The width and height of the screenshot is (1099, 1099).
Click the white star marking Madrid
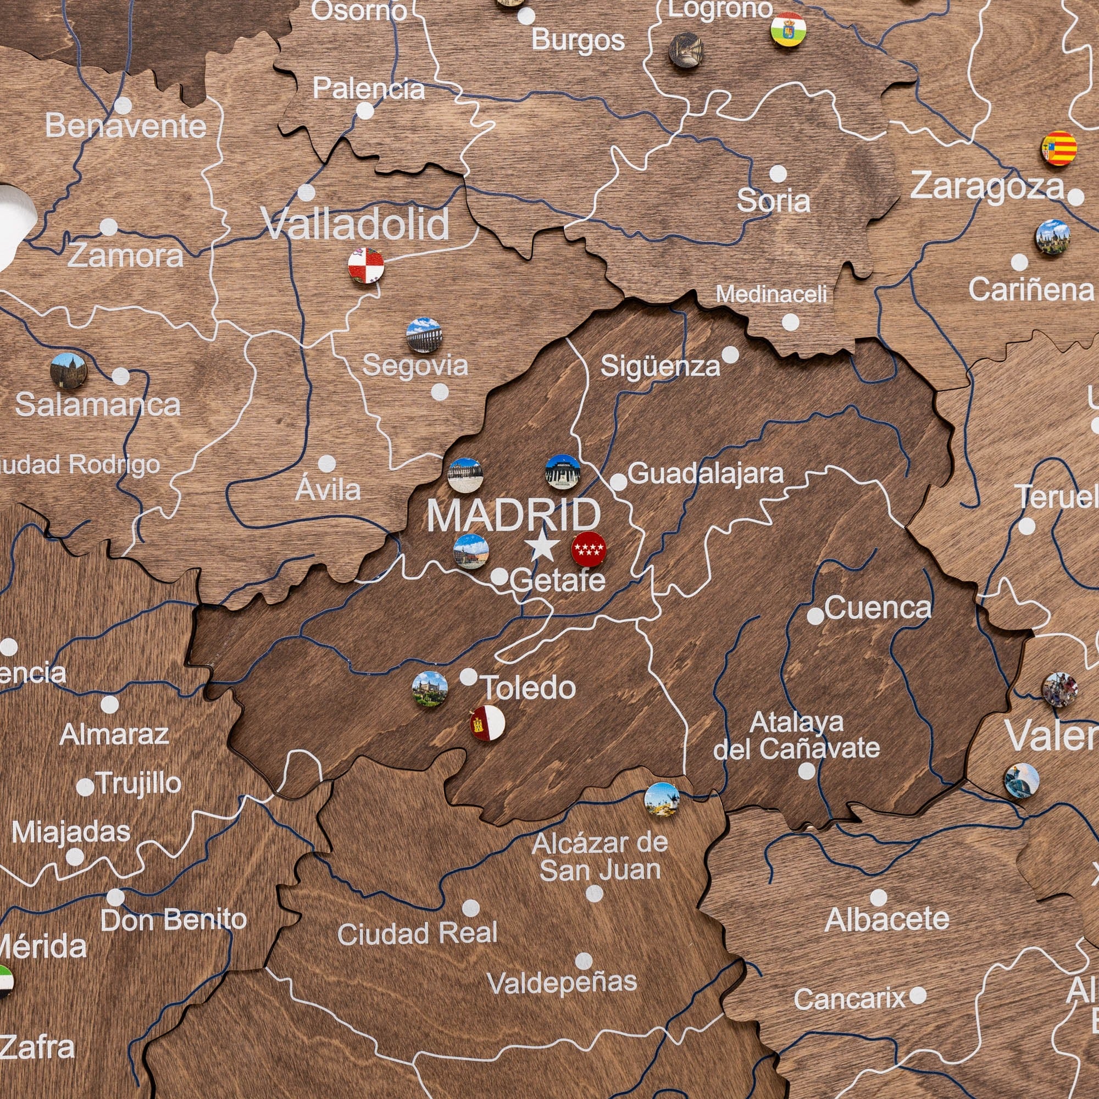point(543,547)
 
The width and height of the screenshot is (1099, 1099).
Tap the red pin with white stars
point(588,549)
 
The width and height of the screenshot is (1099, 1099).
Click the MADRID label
point(513,515)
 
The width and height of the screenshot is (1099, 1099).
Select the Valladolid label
point(356,224)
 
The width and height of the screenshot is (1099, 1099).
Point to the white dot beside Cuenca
point(815,615)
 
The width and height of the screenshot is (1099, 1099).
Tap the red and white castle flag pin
point(487,723)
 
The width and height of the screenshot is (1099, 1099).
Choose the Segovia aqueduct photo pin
point(424,335)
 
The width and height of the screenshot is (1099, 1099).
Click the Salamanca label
point(97,405)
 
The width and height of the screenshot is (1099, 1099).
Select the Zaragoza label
point(987,187)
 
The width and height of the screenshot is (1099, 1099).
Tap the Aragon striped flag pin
point(1059,148)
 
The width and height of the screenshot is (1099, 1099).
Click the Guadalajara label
point(706,473)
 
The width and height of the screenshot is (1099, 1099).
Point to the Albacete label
point(887,919)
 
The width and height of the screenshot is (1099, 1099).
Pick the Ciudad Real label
point(417,934)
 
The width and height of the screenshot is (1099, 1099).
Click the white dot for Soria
point(778,174)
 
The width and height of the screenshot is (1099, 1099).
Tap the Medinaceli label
point(771,294)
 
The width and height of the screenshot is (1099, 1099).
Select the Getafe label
point(557,580)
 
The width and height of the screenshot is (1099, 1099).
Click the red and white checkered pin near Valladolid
point(366,265)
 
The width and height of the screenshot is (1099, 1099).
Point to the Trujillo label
point(139,783)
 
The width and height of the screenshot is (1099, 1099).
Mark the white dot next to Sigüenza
point(730,355)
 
